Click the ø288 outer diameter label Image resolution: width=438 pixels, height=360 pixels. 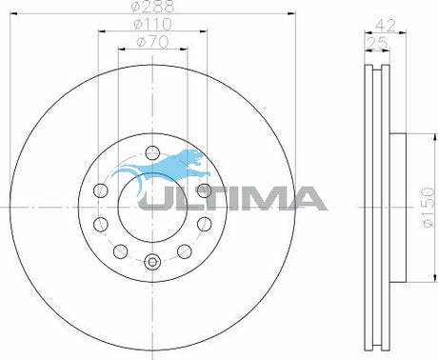coord(152,7)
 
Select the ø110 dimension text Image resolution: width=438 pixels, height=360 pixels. coord(152,24)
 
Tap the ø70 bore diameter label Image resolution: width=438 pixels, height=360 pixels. coord(152,42)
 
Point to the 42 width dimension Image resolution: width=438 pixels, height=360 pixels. coord(386,25)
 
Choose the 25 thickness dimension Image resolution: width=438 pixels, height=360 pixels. coord(377,43)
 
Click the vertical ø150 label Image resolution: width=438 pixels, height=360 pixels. coord(428,207)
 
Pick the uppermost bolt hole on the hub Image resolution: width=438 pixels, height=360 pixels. coord(152,152)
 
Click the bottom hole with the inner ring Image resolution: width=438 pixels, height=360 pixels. coord(152,262)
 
